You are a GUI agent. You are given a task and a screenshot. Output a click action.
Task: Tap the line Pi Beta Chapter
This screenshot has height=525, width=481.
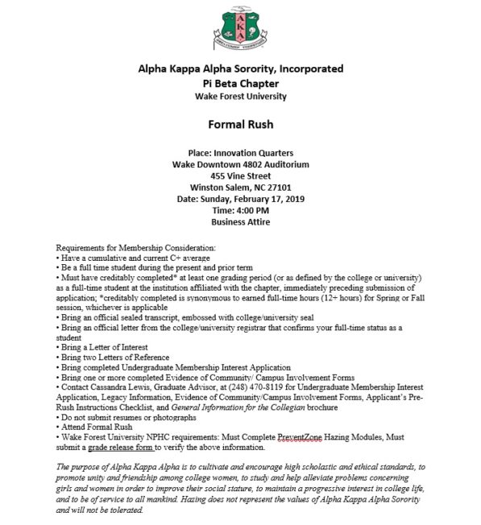point(240,83)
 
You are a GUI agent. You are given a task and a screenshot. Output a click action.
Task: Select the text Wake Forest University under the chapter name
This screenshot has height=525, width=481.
point(240,97)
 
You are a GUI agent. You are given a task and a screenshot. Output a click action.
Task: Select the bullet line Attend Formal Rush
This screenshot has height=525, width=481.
point(96,426)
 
